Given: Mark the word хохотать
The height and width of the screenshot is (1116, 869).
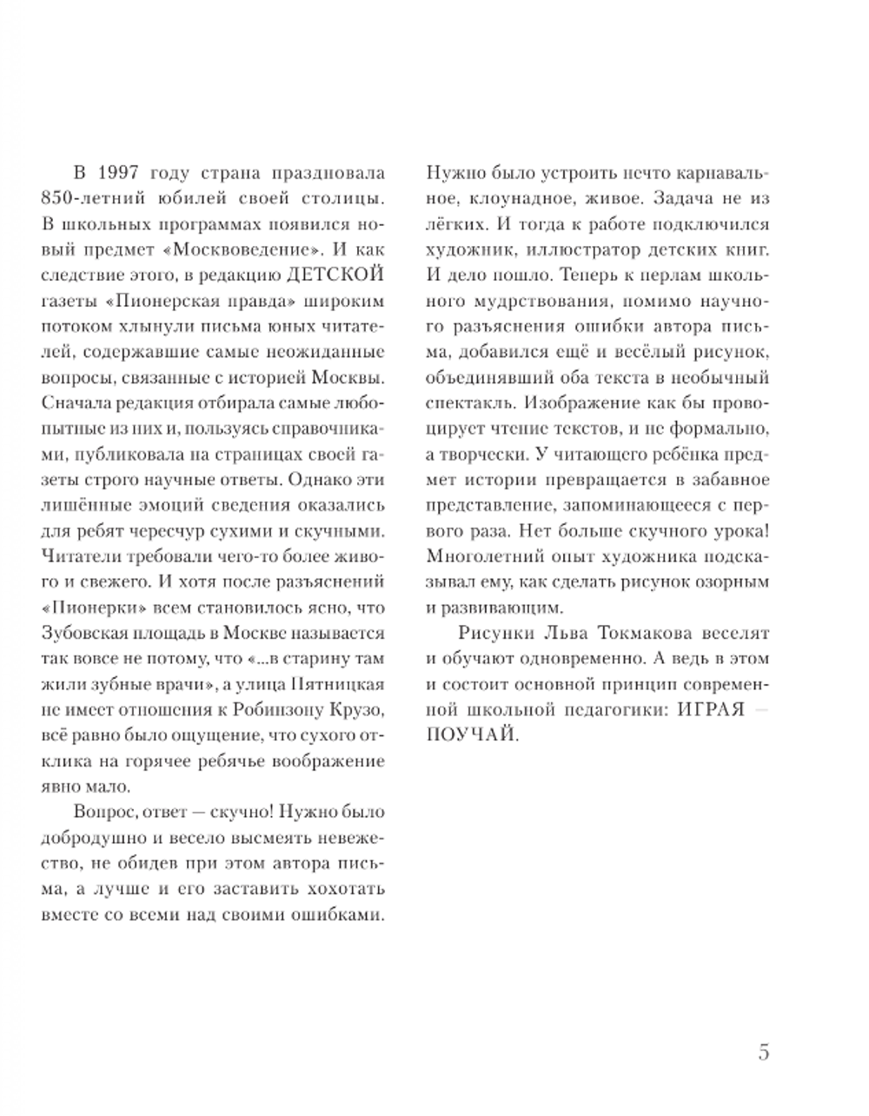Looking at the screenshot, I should (337, 889).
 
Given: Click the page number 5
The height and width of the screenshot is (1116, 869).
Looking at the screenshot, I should (764, 1053).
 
